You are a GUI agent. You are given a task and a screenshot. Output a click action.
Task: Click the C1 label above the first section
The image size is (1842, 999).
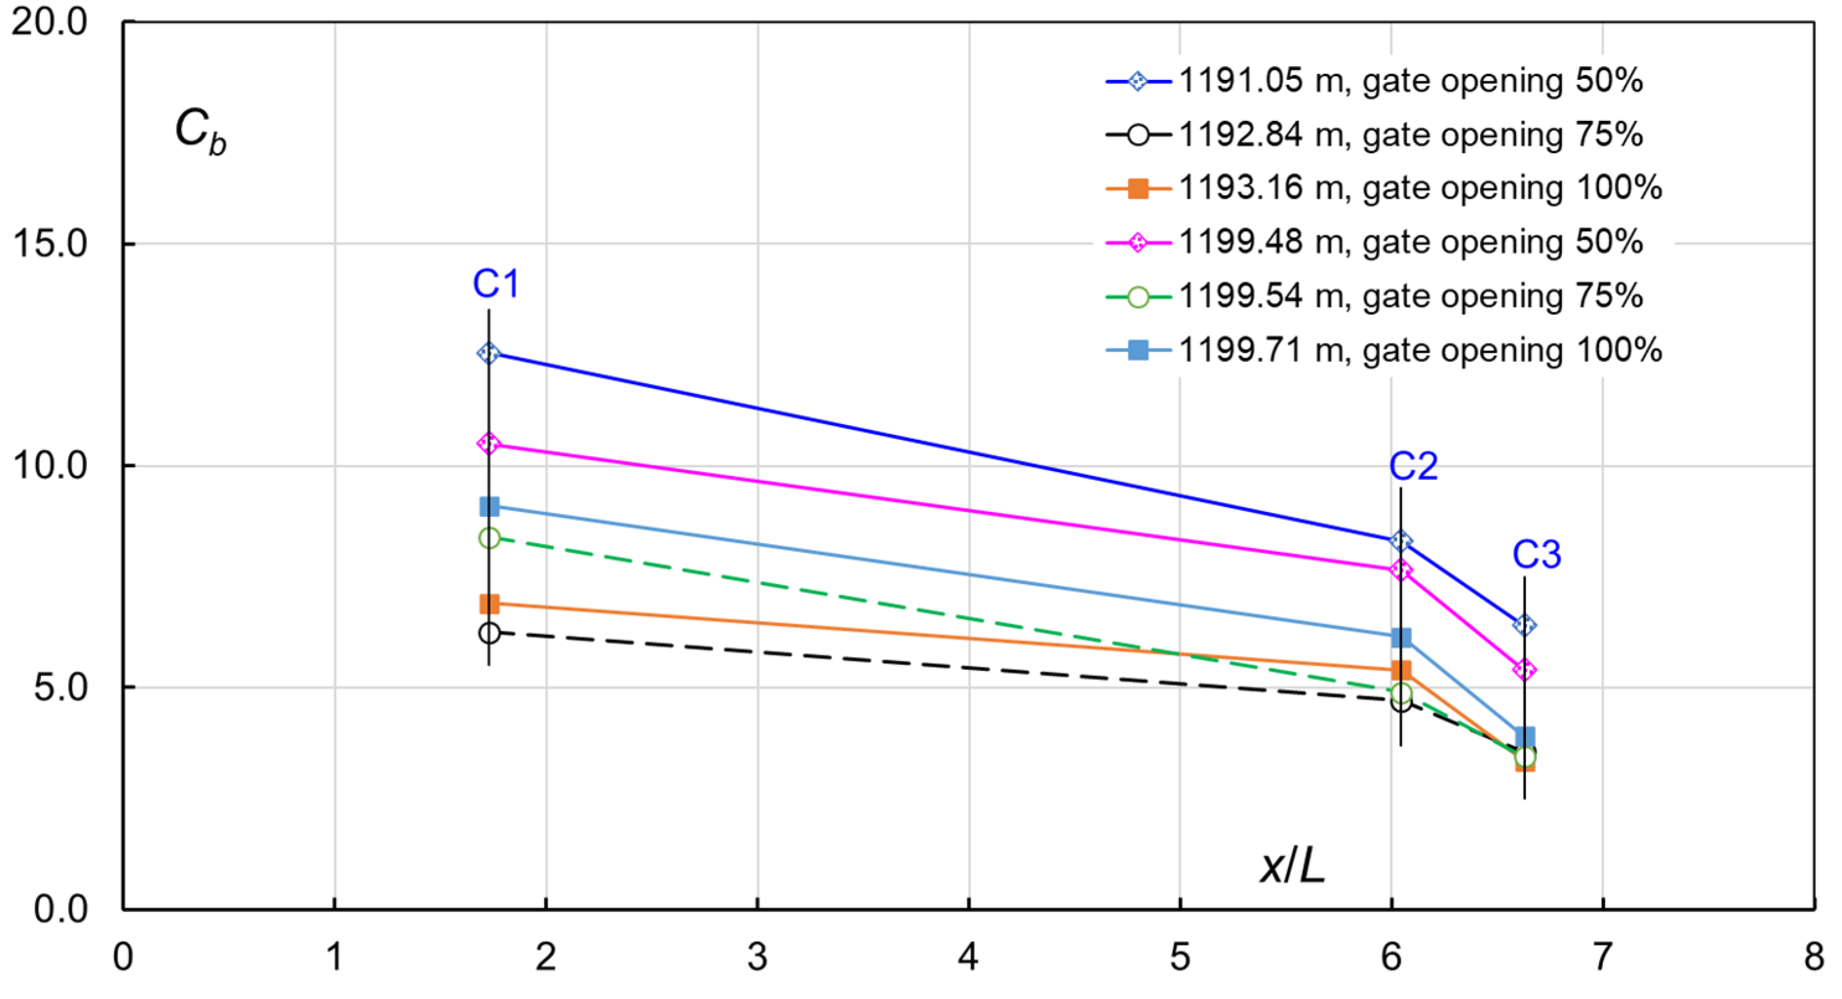[496, 284]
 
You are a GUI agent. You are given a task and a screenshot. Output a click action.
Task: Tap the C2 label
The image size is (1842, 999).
[1413, 467]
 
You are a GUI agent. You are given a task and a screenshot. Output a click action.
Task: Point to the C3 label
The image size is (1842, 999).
[1536, 555]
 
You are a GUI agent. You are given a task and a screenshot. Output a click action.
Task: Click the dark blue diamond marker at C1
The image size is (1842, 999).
[489, 353]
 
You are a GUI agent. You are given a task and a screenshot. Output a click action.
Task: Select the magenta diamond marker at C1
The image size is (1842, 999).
[489, 444]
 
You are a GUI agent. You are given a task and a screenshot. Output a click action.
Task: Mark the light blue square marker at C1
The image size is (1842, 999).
[489, 507]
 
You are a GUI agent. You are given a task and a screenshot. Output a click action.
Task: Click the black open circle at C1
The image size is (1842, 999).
[489, 633]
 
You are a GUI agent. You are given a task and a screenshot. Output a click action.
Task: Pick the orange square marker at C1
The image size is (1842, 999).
[489, 604]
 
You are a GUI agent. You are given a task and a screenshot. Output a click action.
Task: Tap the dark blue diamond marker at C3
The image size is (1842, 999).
[1525, 626]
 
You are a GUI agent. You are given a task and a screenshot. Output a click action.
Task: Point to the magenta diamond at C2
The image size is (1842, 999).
[1401, 571]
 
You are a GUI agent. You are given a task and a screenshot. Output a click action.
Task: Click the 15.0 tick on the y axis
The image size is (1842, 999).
[50, 244]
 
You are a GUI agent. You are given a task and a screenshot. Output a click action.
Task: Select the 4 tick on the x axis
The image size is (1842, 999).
[968, 957]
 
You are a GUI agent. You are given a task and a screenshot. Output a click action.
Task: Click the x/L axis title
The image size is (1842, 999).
[1292, 868]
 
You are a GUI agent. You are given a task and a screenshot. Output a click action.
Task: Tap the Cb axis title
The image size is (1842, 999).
[200, 131]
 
